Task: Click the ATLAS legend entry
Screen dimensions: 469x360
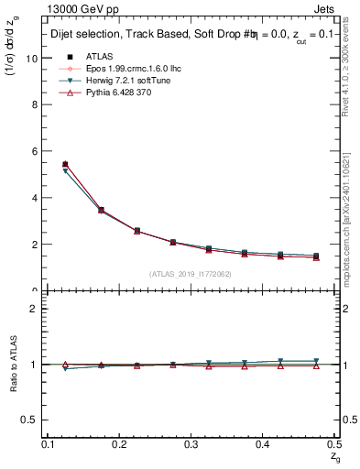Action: pos(99,57)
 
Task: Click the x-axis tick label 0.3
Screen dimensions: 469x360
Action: pos(191,444)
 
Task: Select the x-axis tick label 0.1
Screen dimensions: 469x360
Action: pos(48,444)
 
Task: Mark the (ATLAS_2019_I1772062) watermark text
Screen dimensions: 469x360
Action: pos(191,274)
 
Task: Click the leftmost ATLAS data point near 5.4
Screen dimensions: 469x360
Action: pos(65,165)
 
